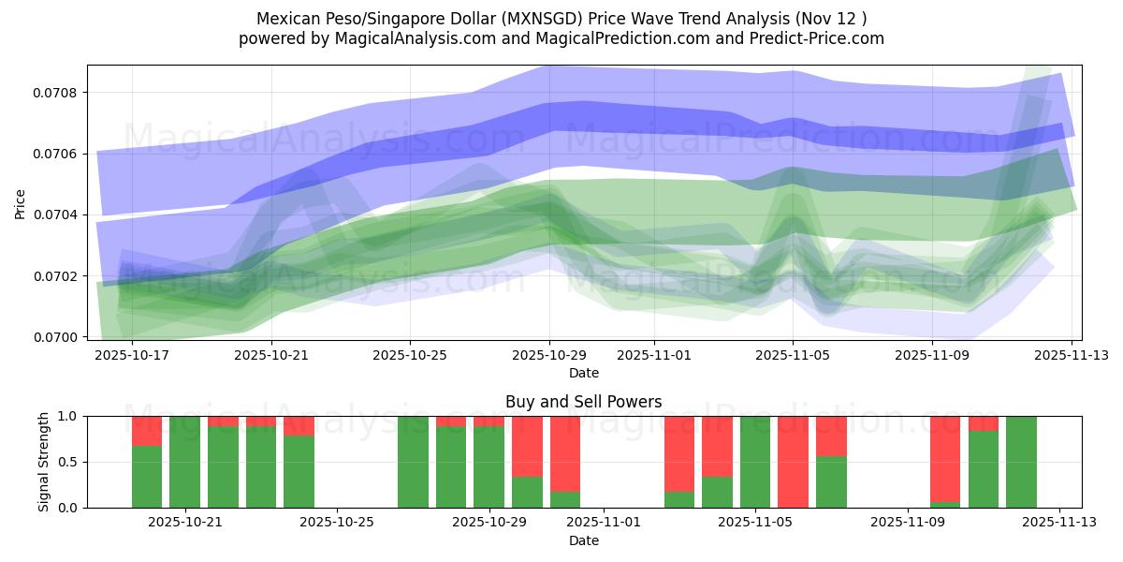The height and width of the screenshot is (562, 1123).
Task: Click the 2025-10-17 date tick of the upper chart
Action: [132, 356]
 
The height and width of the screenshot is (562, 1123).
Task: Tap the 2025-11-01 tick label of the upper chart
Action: [654, 356]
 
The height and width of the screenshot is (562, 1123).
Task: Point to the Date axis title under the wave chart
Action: [584, 373]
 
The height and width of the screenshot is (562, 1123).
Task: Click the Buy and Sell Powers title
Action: [584, 402]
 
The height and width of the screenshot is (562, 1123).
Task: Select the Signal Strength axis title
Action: [44, 462]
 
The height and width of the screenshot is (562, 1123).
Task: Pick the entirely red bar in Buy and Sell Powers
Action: [793, 462]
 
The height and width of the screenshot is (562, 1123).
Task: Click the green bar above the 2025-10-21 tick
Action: [184, 462]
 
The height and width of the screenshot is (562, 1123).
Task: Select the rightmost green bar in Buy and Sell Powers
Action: [1021, 462]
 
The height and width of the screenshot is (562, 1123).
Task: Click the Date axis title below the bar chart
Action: [584, 540]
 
